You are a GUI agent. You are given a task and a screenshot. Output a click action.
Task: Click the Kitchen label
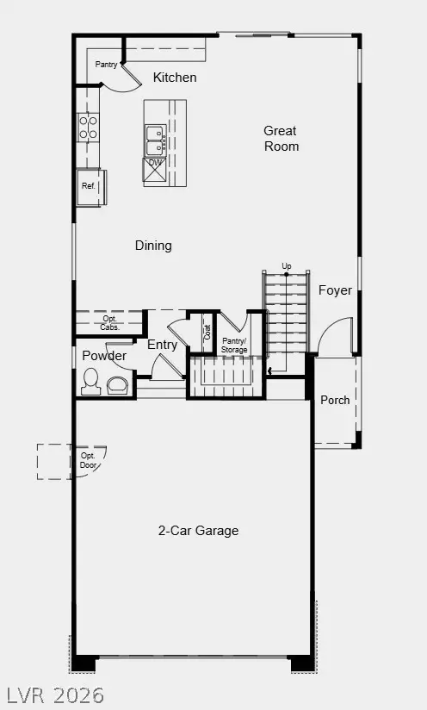(175, 78)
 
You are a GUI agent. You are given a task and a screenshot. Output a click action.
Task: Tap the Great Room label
(281, 139)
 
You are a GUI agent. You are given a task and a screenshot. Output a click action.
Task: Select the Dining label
(153, 246)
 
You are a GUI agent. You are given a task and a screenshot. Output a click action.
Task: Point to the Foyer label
(335, 290)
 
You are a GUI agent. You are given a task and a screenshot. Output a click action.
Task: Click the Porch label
(335, 400)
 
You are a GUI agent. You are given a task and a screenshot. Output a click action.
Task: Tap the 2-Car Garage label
(198, 531)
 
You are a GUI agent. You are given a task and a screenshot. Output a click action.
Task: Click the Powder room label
(104, 356)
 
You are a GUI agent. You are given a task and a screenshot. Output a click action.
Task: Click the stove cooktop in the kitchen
(88, 128)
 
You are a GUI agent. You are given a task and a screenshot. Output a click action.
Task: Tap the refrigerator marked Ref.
(90, 186)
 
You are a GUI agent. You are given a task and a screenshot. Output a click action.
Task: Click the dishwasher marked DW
(155, 164)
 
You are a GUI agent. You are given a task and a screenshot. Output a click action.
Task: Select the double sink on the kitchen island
(155, 134)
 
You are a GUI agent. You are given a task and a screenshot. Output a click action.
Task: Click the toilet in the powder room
(90, 382)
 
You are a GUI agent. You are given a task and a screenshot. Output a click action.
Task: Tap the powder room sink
(117, 383)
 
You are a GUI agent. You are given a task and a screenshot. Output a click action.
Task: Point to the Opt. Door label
(89, 460)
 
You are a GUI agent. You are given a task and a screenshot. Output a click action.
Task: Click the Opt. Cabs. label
(109, 323)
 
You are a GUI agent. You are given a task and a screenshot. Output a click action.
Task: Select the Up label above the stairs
(286, 265)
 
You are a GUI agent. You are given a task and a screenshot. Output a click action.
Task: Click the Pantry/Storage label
(234, 345)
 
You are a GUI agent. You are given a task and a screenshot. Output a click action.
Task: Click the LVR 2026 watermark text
(55, 694)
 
